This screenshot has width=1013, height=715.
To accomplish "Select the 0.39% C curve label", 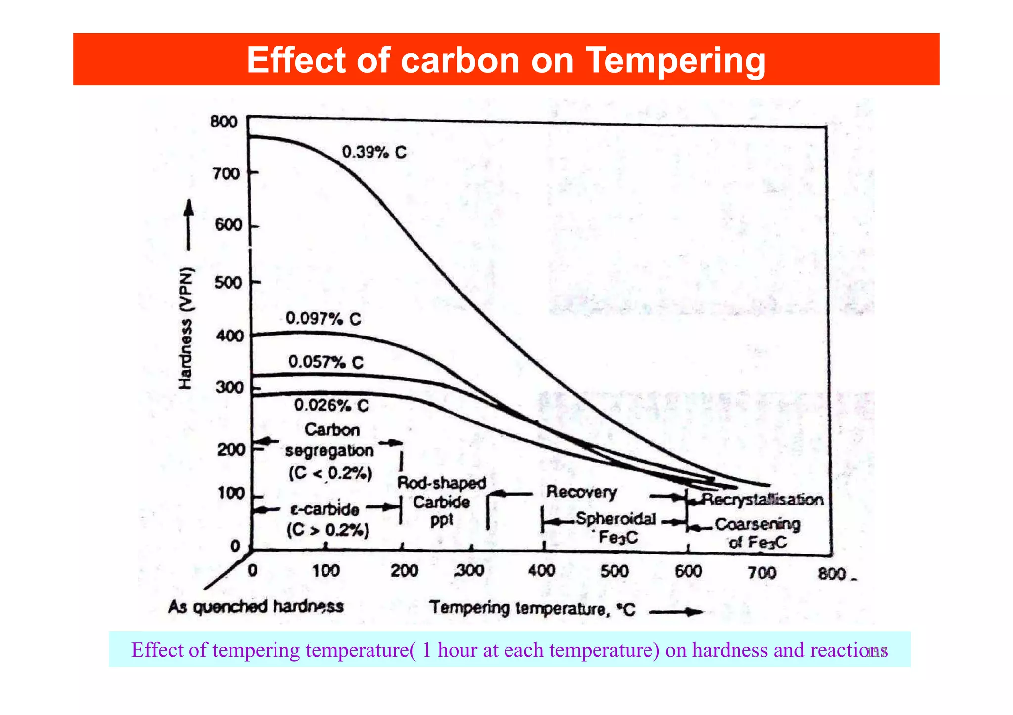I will coord(374,152).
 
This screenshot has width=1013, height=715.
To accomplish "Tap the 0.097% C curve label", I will coord(323,319).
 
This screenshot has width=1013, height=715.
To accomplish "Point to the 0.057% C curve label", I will coord(326,362).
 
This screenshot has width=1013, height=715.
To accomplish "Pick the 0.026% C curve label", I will coord(331,406).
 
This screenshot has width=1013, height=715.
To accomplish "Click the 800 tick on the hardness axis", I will coord(224,122).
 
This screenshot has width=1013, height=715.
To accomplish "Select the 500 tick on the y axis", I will coord(229,283).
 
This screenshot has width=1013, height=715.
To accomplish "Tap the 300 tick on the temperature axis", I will coord(469,571).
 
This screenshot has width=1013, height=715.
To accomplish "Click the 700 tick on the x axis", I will coord(761,573).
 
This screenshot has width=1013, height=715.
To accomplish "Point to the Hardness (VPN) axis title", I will coord(185,329).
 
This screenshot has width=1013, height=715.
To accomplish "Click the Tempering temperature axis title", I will coord(532,608).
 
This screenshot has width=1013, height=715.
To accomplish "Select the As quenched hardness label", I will coord(256,606).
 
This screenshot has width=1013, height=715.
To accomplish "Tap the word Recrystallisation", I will coord(762,500).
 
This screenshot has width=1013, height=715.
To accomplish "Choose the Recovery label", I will coord(581,492).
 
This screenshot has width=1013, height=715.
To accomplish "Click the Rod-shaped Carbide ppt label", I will coord(441,502).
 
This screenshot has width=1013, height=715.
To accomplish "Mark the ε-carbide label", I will coord(325,509).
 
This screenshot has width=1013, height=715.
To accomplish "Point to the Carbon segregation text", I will coord(330,440).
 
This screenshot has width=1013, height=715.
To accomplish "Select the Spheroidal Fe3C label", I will coord(616,527).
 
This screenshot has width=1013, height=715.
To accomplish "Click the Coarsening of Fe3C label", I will coord(757,533).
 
